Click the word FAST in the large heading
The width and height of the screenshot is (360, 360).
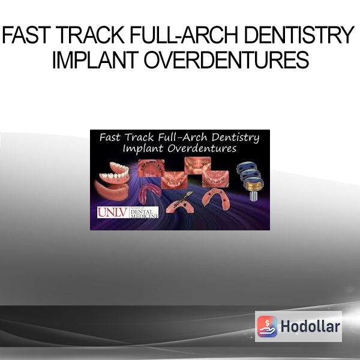click(x=26, y=35)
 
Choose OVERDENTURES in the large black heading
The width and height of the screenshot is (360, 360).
click(x=226, y=59)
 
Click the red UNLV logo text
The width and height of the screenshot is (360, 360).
click(x=113, y=212)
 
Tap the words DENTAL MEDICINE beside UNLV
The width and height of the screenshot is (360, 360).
click(x=144, y=214)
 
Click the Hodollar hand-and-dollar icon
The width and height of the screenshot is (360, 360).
click(x=267, y=326)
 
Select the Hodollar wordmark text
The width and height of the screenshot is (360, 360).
click(x=310, y=326)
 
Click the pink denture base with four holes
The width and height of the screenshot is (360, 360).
click(x=215, y=198)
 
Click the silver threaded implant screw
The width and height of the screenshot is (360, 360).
click(x=253, y=196)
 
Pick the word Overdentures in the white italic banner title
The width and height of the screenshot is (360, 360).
click(x=202, y=149)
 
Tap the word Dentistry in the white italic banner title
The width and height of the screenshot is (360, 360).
click(x=235, y=138)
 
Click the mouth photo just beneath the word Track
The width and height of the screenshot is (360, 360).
click(x=151, y=168)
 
